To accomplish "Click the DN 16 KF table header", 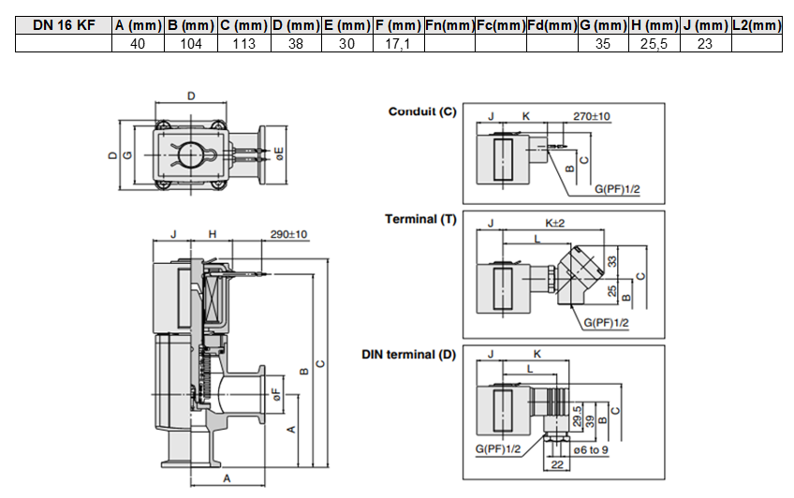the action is click(64, 25).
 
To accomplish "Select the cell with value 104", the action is click(191, 44).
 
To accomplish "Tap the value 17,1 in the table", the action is click(398, 44).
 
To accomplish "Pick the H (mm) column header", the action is click(654, 25).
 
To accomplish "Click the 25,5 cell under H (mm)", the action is click(654, 44).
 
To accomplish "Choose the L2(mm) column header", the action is click(757, 25).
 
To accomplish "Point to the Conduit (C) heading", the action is click(422, 111).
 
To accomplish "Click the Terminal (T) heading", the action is click(420, 219).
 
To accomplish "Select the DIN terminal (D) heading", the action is click(408, 354).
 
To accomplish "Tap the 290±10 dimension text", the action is click(288, 234).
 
